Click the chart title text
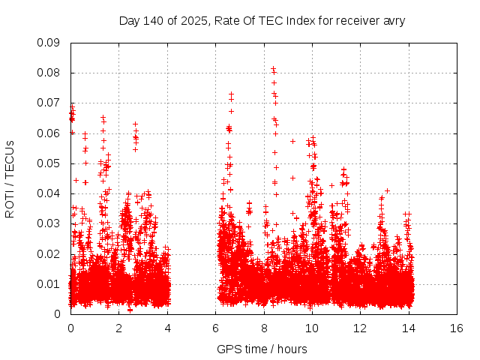tap(262, 20)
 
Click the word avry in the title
tap(392, 20)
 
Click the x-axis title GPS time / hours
tap(262, 349)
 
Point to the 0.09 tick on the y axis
tap(49, 43)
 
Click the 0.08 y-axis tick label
tap(49, 73)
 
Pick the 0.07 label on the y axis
tap(49, 103)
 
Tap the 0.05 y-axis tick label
tap(49, 163)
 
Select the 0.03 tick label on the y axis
tap(49, 223)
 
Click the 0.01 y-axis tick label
tap(49, 283)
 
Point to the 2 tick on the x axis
tap(118, 328)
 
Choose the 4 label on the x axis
tap(167, 328)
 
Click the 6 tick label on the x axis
tap(215, 328)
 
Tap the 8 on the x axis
tap(264, 328)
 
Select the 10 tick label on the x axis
tap(312, 328)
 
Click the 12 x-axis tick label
tap(360, 328)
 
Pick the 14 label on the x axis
tap(409, 328)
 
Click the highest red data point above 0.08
tap(273, 69)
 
